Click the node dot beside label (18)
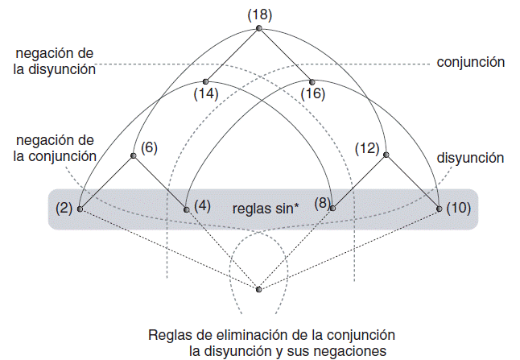(x=258, y=28)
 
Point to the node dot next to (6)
(x=133, y=155)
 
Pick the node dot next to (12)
(x=386, y=155)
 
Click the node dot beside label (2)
(x=80, y=209)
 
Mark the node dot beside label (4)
(x=186, y=209)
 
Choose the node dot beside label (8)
(x=332, y=208)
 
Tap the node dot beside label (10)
(x=439, y=209)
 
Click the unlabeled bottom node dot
(x=258, y=289)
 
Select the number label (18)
(x=259, y=13)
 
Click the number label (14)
(x=206, y=94)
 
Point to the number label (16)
(x=312, y=94)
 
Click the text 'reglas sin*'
(x=266, y=208)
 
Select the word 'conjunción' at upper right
(x=470, y=61)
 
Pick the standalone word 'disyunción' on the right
(x=470, y=158)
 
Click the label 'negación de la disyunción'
(x=55, y=61)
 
